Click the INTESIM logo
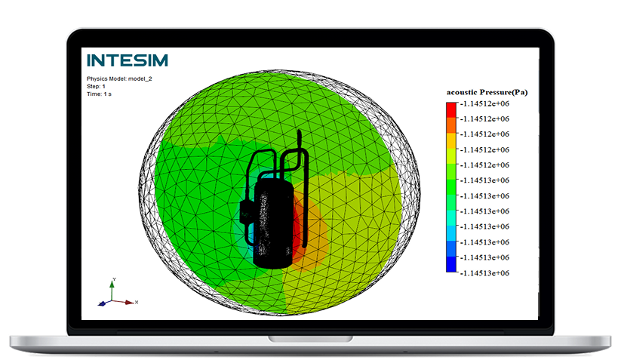[127, 60]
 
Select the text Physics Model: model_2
[119, 78]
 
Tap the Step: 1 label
[96, 86]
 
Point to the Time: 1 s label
[99, 94]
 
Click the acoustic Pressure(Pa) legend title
[487, 92]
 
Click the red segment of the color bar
[451, 109]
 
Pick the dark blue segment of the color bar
[451, 265]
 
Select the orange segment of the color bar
[451, 125]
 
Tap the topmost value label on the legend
[484, 103]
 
